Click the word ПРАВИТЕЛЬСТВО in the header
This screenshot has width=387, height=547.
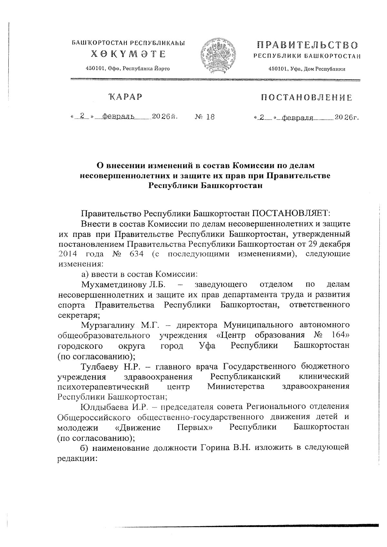[307, 45]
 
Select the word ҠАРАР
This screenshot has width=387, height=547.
[126, 97]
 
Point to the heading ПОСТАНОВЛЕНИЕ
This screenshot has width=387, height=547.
[306, 97]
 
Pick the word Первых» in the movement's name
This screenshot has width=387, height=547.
[195, 427]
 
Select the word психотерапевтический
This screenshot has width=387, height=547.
[103, 386]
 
